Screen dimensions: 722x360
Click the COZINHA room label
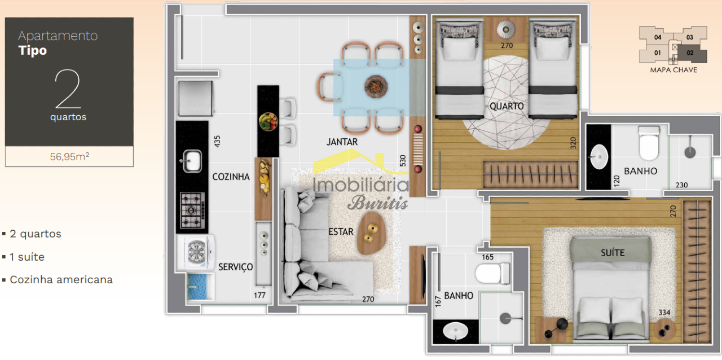[231, 177]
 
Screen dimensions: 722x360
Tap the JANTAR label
[342, 142]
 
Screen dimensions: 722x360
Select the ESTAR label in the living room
[341, 231]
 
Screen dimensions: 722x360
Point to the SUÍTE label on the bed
[613, 253]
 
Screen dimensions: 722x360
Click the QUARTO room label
[507, 106]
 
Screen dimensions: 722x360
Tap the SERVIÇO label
[236, 267]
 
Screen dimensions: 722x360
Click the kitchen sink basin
[192, 161]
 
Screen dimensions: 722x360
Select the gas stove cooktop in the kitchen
[192, 210]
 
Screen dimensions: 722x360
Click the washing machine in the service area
[195, 252]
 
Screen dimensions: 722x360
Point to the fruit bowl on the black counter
[268, 122]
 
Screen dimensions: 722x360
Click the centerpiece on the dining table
[376, 86]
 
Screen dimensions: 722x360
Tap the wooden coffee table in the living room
[371, 233]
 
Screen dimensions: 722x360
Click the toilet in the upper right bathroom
[649, 143]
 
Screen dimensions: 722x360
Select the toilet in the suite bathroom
[493, 273]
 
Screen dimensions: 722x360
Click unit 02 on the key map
[690, 53]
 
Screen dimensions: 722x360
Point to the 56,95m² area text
[69, 156]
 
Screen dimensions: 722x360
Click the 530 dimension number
[403, 161]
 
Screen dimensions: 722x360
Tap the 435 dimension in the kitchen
[217, 141]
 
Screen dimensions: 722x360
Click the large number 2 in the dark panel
[68, 89]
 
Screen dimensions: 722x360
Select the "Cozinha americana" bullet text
[61, 280]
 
